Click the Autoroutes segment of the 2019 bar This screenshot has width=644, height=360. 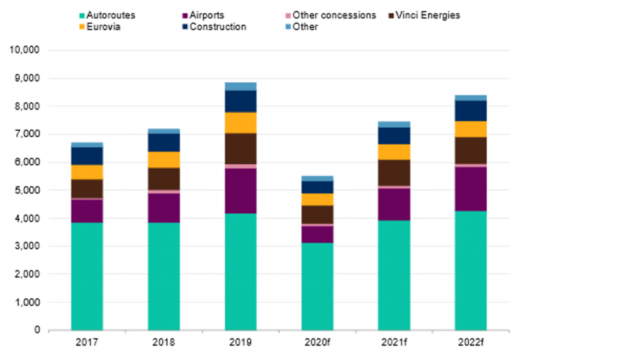coord(240,271)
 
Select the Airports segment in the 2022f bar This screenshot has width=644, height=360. coord(470,188)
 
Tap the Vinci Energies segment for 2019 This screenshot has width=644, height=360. coord(240,149)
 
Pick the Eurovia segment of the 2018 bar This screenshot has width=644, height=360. coord(164,160)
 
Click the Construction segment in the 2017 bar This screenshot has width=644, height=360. coord(87,156)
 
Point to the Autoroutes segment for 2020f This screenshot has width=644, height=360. coord(317,286)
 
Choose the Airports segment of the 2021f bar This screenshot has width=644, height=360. coord(394,204)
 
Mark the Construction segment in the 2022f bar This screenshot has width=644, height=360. coord(470,111)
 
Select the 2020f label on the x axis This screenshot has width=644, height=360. coord(317,342)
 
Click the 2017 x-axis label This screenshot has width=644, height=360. coord(87,342)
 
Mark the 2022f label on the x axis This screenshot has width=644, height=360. coord(470,342)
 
